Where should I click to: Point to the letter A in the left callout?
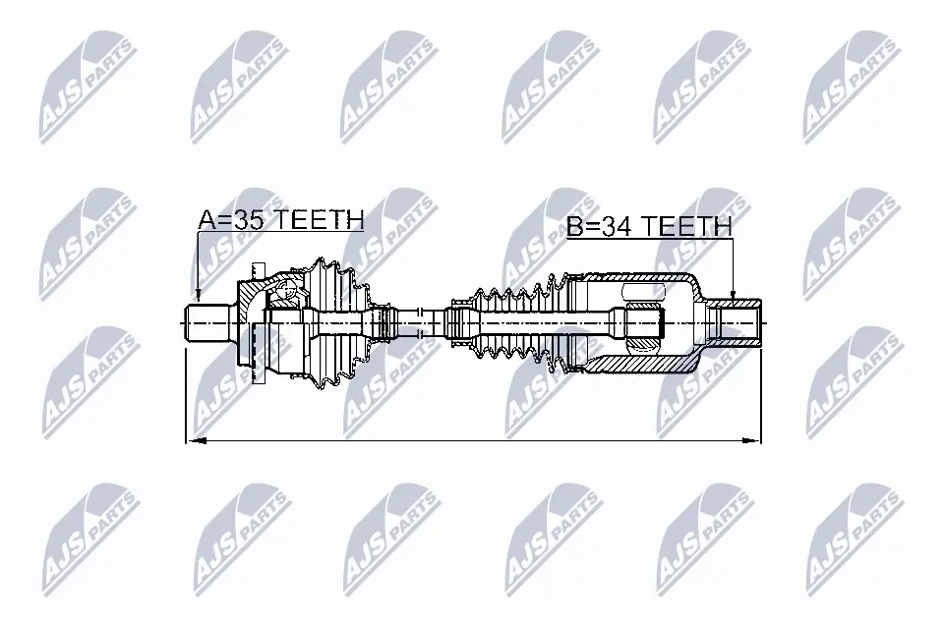[x=207, y=219]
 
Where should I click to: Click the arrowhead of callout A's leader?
[x=198, y=294]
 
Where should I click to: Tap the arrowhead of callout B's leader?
[x=735, y=295]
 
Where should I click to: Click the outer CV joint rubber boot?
[x=334, y=319]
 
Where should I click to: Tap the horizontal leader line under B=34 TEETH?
[x=649, y=240]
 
